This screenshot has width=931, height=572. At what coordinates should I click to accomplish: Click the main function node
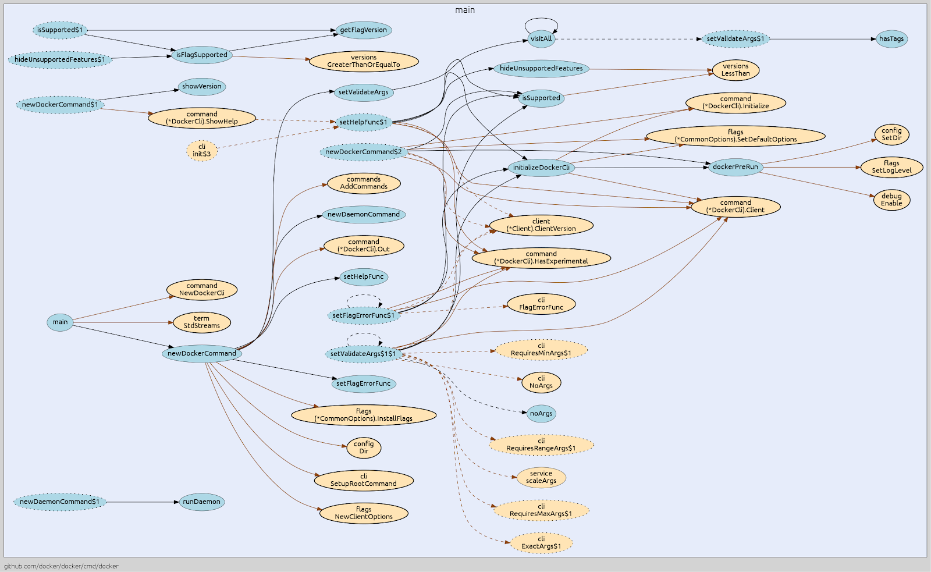click(60, 322)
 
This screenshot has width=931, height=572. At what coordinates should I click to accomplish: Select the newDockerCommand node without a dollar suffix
click(201, 353)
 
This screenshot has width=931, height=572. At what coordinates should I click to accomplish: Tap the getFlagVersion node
click(363, 30)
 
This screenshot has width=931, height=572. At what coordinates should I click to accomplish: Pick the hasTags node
click(891, 39)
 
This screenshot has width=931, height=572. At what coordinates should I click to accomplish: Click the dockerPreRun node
click(735, 167)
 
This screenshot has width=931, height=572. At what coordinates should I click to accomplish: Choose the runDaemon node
click(201, 502)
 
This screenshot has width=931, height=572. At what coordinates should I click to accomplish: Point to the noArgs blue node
click(541, 414)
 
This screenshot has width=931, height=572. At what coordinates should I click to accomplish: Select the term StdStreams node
click(201, 322)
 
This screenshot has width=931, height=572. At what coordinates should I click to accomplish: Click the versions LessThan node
click(735, 70)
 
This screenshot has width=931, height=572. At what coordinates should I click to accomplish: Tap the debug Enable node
click(891, 200)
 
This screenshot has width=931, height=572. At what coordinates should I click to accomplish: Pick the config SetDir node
click(891, 134)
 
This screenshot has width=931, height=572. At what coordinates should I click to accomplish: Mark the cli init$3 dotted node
click(201, 151)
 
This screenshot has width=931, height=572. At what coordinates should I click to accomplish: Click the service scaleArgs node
click(541, 477)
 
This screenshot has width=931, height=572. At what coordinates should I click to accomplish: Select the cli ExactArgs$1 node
click(541, 543)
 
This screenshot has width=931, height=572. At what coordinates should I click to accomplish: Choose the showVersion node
click(201, 87)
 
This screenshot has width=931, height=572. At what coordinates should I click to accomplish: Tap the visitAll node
click(541, 39)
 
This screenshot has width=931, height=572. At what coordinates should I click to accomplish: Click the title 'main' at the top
click(465, 10)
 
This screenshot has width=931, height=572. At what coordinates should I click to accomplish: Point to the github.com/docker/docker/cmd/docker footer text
click(61, 566)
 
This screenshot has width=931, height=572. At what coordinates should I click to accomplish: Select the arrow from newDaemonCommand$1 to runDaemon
click(143, 502)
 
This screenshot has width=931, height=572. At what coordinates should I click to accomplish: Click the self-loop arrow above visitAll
click(541, 19)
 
